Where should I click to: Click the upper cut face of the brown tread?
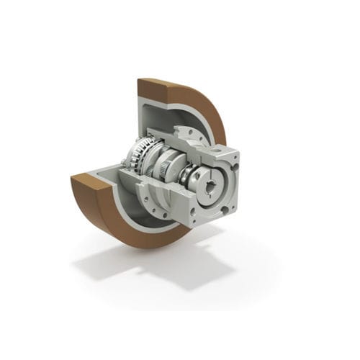(167, 90)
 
